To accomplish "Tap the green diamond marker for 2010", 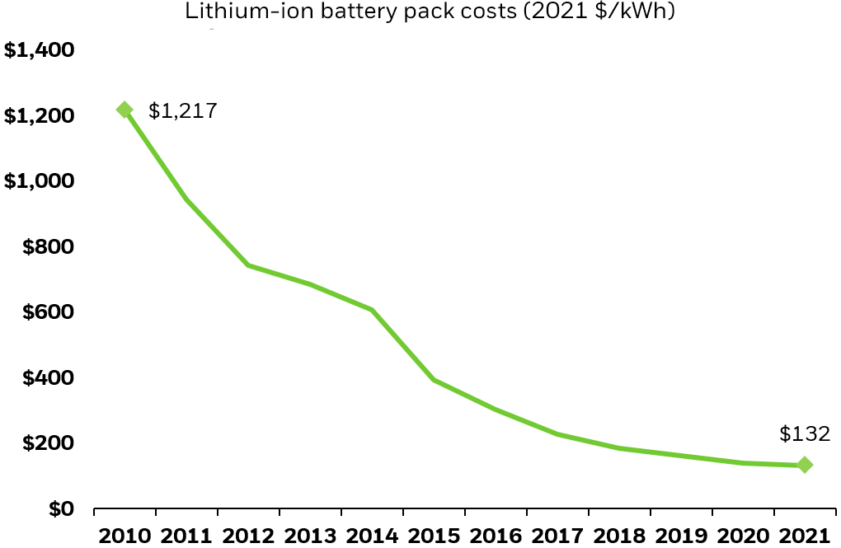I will [x=125, y=110].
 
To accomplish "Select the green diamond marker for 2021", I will [x=805, y=466].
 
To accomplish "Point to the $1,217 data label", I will [x=182, y=110].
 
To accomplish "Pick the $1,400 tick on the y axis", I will [x=40, y=50].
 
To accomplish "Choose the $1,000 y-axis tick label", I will [x=40, y=181].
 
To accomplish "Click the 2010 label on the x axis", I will [x=125, y=535].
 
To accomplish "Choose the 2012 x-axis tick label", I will [x=249, y=535].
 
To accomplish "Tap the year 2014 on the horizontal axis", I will [x=373, y=535].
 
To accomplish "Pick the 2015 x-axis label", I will [x=435, y=535].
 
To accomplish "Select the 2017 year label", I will [x=558, y=535].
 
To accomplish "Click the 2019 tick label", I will [x=682, y=535].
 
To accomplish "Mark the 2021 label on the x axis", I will [x=805, y=535].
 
